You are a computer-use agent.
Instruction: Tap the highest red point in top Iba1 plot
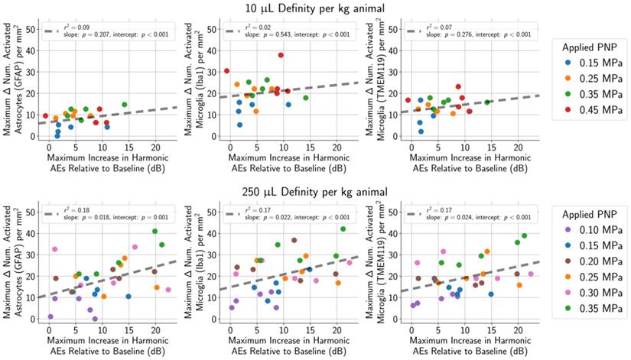pos(281,55)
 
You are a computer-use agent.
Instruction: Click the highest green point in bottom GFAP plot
pos(154,231)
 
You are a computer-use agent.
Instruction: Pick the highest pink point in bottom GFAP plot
pos(54,249)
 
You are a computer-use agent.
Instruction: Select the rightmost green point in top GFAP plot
pos(125,105)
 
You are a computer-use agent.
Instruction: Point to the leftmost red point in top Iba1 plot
pos(226,71)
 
